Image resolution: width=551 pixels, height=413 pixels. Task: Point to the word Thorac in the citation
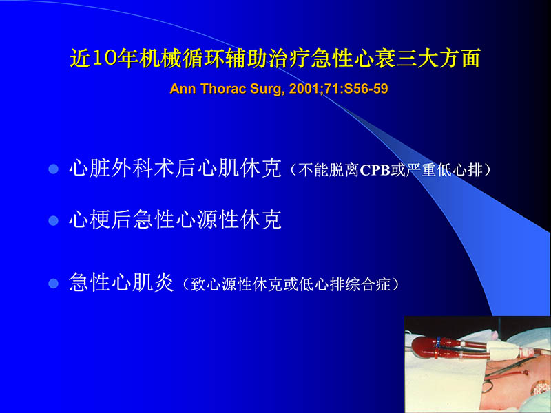(220, 89)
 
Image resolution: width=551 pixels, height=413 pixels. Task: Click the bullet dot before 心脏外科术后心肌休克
(53, 169)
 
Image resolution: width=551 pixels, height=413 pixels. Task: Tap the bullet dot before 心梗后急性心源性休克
(53, 221)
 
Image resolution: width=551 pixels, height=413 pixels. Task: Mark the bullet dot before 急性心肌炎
(53, 284)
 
